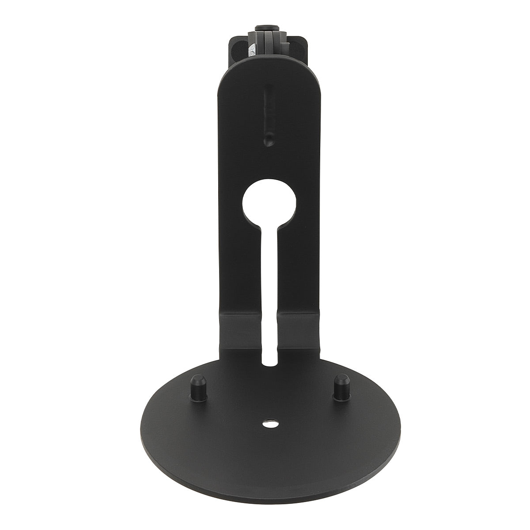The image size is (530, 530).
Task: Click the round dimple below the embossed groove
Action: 268,141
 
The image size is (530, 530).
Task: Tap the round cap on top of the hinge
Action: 268,28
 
